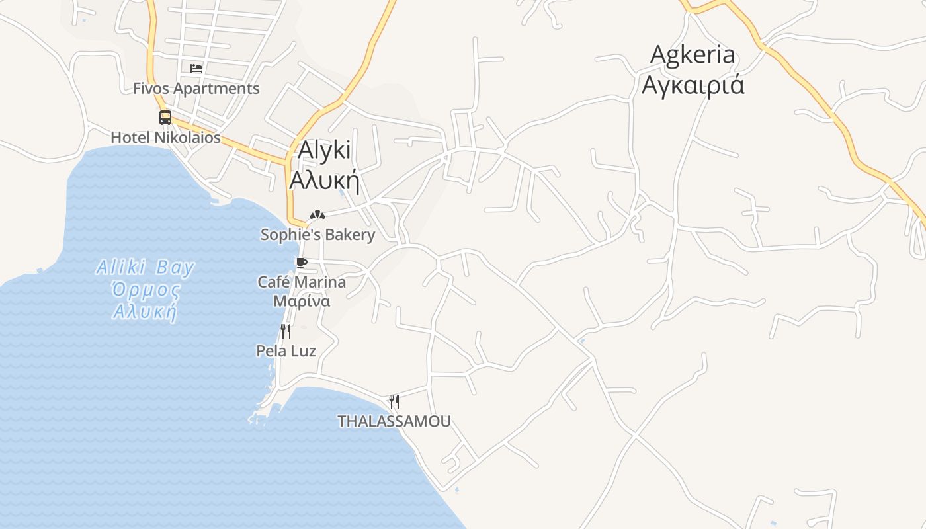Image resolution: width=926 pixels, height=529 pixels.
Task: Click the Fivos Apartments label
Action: (x=196, y=89)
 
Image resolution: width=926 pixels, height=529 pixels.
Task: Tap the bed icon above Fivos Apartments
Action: (x=196, y=68)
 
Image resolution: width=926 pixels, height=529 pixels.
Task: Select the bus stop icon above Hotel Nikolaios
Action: (x=165, y=118)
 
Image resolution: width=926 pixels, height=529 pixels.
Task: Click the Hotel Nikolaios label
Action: (x=165, y=138)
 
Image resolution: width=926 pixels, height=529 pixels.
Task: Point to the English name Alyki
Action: (x=324, y=150)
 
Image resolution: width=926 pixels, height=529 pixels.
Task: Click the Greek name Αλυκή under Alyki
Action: (x=325, y=180)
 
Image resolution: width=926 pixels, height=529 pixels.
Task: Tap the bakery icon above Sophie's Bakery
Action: (x=317, y=215)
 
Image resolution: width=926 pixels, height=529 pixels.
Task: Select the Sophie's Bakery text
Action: (x=317, y=235)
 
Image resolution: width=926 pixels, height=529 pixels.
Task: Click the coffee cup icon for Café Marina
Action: (x=302, y=263)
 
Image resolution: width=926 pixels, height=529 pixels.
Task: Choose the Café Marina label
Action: (x=302, y=282)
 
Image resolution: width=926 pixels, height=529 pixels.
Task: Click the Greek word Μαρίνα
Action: (x=302, y=301)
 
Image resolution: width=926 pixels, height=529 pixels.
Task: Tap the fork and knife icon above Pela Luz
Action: (x=286, y=331)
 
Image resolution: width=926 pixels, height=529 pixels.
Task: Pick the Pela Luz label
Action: (x=286, y=351)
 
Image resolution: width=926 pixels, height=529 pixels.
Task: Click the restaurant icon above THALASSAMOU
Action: (x=394, y=401)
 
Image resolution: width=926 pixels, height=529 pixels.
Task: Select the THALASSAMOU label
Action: (x=394, y=421)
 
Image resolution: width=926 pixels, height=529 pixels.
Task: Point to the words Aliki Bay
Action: (x=146, y=268)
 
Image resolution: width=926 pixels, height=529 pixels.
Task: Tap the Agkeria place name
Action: (x=693, y=55)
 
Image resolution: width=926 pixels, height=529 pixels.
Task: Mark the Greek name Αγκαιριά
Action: (x=693, y=85)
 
